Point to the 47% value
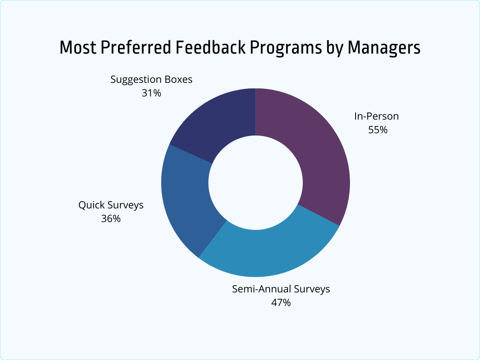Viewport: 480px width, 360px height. (x=281, y=302)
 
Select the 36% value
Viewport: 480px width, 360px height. (x=111, y=219)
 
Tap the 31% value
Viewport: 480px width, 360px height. (x=151, y=93)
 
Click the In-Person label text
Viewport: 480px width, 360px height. (x=376, y=116)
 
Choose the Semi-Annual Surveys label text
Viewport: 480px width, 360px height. (x=281, y=289)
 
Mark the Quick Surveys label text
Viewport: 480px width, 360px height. (x=111, y=205)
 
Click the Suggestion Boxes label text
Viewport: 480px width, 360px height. (x=151, y=80)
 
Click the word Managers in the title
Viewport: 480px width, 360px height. (x=384, y=48)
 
